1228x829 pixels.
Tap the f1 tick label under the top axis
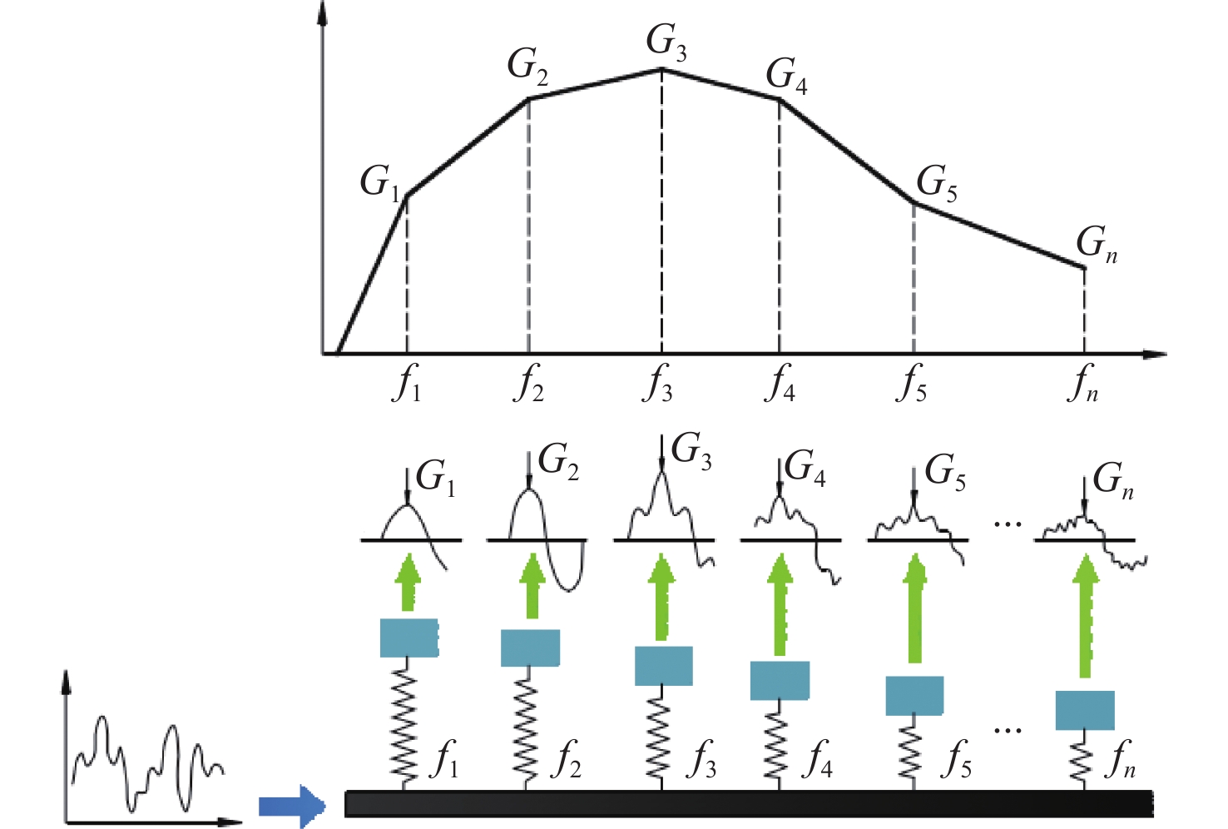click(406, 383)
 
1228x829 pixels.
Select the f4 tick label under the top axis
click(779, 383)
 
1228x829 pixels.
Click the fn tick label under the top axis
click(1082, 383)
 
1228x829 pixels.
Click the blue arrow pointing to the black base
click(292, 806)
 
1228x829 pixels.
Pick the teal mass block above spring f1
click(409, 638)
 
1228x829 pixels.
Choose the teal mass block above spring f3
click(663, 666)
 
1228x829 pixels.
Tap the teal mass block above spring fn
click(1085, 711)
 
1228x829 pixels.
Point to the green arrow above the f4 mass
click(779, 604)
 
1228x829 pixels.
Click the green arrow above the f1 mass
click(408, 582)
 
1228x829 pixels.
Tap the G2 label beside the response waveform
click(558, 463)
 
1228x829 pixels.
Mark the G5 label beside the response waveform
click(945, 472)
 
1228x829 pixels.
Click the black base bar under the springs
click(749, 804)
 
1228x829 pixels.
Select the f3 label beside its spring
click(701, 759)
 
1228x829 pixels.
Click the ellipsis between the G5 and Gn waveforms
click(1008, 524)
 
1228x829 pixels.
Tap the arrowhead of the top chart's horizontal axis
click(1155, 355)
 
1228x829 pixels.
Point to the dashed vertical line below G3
click(661, 211)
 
